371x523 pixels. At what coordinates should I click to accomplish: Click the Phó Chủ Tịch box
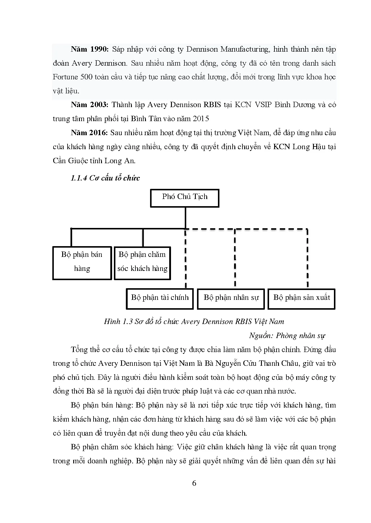184,198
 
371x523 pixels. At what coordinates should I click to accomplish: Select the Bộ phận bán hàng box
82,263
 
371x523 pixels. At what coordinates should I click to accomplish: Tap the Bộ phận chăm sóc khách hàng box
142,263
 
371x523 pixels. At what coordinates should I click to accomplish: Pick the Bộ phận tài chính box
160,298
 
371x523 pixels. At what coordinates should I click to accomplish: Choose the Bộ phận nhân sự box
231,298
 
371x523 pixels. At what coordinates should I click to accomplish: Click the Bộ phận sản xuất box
301,298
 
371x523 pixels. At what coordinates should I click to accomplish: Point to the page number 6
194,483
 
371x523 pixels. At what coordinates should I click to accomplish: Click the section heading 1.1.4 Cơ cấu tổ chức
105,178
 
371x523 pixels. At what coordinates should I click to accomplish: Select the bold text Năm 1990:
90,49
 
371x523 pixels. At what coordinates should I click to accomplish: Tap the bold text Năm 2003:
89,105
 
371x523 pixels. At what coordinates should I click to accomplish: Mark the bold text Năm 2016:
89,133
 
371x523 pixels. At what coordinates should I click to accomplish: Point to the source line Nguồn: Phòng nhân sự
287,336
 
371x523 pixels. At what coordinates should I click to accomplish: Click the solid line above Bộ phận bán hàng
71,237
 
